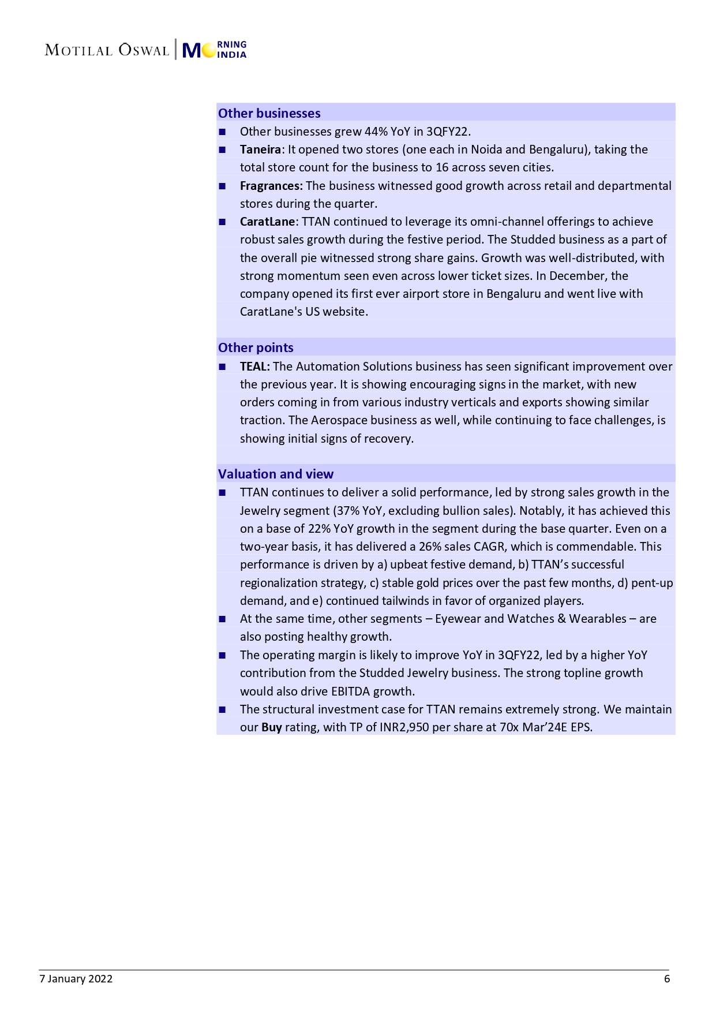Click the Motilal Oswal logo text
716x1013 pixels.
107,50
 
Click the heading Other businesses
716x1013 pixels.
269,113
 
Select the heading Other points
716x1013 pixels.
256,347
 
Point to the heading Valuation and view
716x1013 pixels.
276,474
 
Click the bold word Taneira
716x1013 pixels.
260,149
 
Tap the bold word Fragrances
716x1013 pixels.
271,186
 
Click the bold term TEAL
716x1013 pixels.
254,367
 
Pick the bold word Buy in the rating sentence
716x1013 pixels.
271,727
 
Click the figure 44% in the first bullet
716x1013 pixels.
376,132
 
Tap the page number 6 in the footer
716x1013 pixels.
667,978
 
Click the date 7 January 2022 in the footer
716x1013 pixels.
76,978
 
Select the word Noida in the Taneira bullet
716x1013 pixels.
486,149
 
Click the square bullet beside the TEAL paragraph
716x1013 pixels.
222,367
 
